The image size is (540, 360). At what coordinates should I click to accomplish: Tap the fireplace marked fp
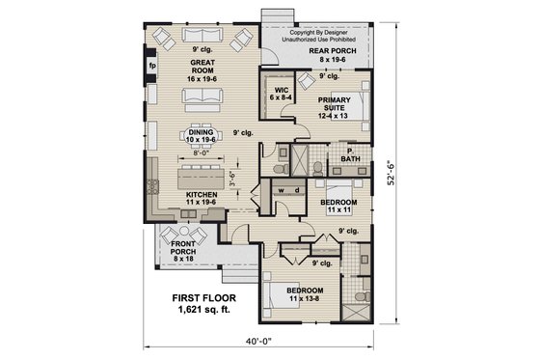[152, 67]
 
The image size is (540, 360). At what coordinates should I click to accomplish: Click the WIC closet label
[282, 94]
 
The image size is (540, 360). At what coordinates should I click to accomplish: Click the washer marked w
[280, 190]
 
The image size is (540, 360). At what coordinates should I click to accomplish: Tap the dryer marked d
[292, 190]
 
